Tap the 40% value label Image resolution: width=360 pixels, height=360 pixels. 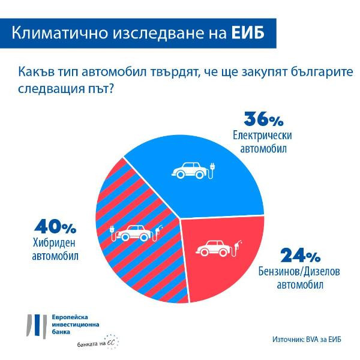(x=56, y=229)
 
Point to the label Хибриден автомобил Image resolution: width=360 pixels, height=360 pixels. (x=56, y=250)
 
